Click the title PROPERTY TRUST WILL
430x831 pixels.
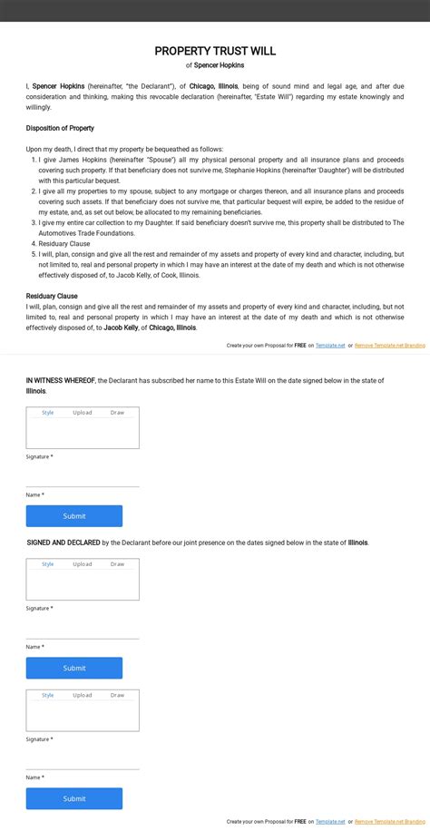[x=215, y=52]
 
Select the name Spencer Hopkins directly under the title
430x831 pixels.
[x=219, y=65]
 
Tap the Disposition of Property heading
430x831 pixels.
[x=60, y=129]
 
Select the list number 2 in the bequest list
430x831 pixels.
[x=34, y=191]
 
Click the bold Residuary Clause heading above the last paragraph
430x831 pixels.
[x=52, y=296]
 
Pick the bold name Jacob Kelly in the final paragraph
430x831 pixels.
[x=121, y=328]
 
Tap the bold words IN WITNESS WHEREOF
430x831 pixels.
[x=60, y=381]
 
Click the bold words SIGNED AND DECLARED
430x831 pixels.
[x=64, y=543]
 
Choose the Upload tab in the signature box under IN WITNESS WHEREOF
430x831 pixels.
[x=83, y=413]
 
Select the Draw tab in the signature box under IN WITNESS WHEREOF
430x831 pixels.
[x=117, y=413]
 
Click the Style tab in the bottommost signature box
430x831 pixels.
[x=48, y=695]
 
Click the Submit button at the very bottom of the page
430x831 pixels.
[x=74, y=798]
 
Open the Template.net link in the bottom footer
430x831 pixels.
[x=330, y=822]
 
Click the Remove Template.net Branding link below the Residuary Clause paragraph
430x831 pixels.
[x=389, y=346]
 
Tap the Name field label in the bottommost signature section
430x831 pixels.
[x=34, y=777]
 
